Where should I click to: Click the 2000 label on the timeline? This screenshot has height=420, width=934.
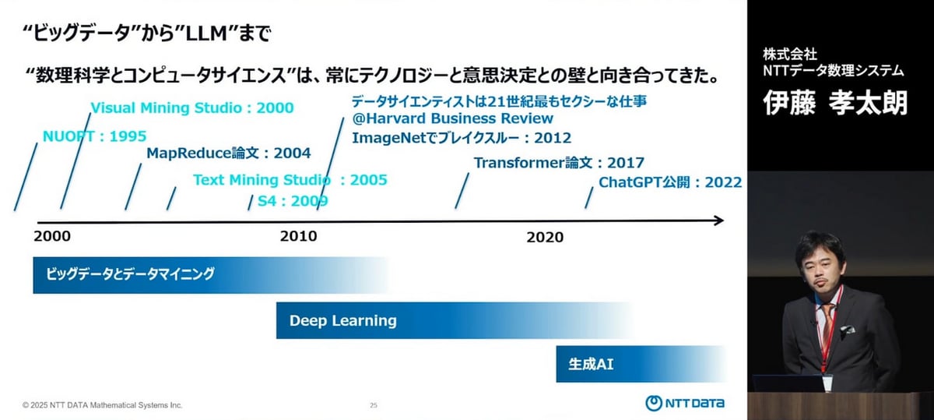(53, 236)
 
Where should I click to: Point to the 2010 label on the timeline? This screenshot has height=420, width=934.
(298, 236)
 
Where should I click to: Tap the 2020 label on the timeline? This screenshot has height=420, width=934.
(544, 237)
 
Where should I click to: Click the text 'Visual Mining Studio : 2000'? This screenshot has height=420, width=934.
(192, 108)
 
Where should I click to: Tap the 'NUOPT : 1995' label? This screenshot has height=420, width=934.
(94, 136)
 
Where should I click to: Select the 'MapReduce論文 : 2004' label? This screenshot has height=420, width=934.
(228, 153)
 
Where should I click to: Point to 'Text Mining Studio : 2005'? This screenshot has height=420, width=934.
(290, 180)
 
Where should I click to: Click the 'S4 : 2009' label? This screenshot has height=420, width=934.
(293, 201)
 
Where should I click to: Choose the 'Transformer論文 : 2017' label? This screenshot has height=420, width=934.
(559, 163)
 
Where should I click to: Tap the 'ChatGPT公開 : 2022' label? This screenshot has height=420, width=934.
(669, 182)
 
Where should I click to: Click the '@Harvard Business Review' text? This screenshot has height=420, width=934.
(452, 118)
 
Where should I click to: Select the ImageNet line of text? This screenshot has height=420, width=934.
(462, 138)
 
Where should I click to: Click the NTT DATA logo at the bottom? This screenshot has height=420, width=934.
(685, 403)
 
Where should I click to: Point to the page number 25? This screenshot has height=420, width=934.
(374, 405)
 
